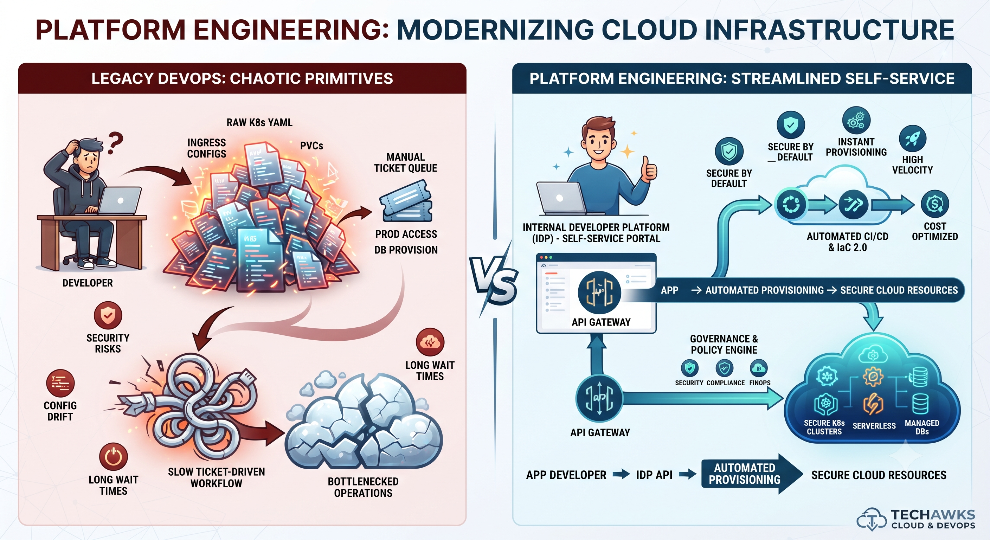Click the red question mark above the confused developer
115,143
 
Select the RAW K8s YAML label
259,123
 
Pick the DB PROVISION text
406,250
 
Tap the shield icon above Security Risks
108,315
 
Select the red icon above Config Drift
60,383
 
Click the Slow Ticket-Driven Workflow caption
216,477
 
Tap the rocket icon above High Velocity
912,139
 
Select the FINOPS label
760,383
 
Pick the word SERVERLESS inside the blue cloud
874,426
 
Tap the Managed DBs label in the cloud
922,427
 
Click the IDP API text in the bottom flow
654,475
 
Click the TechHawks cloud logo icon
872,519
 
